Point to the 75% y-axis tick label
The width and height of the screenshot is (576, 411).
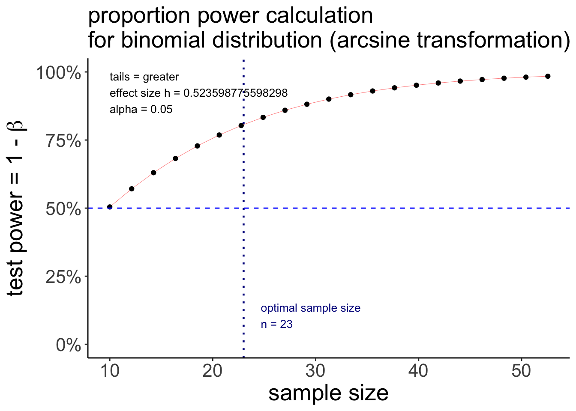point(63,140)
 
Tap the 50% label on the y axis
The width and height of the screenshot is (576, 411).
point(63,208)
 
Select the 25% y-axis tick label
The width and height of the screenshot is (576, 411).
point(63,277)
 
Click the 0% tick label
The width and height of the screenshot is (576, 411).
point(69,345)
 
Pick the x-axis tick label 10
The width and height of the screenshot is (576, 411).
point(110,371)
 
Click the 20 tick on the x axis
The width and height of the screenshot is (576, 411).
point(213,371)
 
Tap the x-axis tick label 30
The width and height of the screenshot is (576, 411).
point(315,371)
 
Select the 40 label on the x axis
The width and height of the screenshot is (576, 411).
point(418,371)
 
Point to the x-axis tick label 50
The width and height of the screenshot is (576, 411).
point(521,371)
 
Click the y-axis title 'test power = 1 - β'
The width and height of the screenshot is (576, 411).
point(16,208)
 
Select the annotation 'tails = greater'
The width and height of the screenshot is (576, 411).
point(144,77)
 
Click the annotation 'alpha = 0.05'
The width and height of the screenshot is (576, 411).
point(141,110)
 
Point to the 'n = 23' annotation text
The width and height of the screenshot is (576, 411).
point(276,325)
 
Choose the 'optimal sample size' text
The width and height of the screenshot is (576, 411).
point(310,308)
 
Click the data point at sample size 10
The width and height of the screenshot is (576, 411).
point(110,207)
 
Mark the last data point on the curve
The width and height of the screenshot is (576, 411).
point(547,76)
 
